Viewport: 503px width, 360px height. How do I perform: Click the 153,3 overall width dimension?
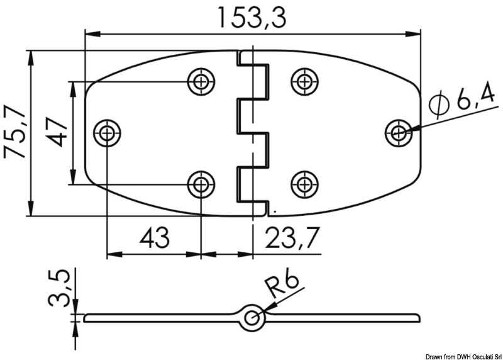(251, 17)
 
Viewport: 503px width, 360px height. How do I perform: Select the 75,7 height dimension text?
(14, 132)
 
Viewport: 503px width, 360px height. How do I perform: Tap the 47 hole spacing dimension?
(57, 132)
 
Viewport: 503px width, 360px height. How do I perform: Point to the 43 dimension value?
(154, 238)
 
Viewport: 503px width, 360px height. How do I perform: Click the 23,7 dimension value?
(290, 238)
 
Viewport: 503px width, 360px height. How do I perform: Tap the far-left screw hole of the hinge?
(108, 133)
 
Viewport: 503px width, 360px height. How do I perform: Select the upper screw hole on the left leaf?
(201, 81)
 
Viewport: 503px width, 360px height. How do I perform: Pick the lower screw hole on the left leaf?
(201, 184)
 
